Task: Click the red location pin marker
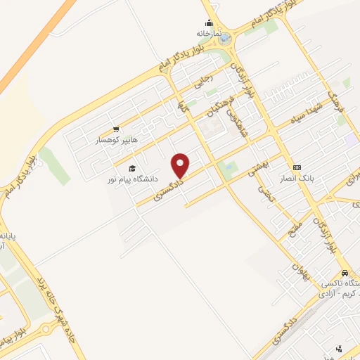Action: point(181,165)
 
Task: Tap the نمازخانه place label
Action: point(209,33)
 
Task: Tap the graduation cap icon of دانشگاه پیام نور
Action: point(132,168)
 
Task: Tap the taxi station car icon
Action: point(344,273)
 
